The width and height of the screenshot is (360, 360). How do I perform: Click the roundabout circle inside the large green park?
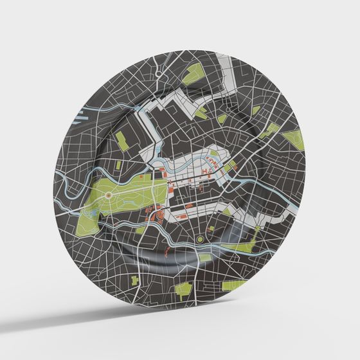point(109,194)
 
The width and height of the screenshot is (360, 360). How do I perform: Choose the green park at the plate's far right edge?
point(294,138)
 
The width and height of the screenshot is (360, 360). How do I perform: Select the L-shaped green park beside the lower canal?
point(248,241)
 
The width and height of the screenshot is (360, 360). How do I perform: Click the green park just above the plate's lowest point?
point(184,289)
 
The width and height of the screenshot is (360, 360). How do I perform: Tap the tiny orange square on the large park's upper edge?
point(140,175)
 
